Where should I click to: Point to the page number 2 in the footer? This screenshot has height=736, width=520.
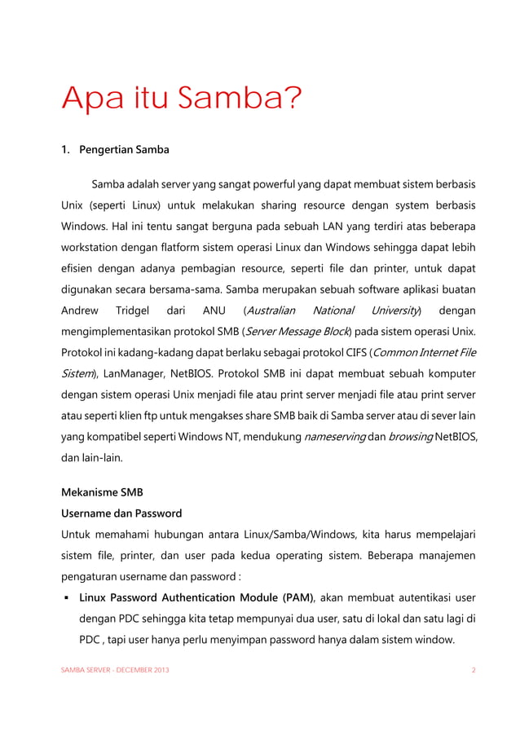(474, 670)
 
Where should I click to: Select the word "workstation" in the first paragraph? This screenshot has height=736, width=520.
(95, 245)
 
